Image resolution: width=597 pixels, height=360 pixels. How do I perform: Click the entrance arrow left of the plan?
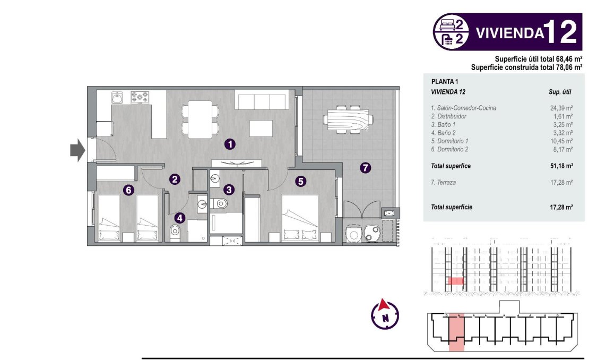click(x=77, y=150)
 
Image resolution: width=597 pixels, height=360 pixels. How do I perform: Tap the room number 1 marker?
click(x=229, y=143)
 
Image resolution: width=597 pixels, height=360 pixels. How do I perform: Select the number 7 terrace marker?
click(x=365, y=168)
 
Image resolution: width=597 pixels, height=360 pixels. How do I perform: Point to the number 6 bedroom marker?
click(x=128, y=189)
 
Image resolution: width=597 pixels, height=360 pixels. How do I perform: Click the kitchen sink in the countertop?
click(x=117, y=97)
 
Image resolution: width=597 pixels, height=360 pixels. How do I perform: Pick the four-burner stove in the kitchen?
click(x=140, y=97)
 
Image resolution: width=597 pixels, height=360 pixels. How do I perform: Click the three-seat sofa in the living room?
click(x=262, y=100)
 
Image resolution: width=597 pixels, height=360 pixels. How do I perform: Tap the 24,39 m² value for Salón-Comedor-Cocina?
click(x=561, y=108)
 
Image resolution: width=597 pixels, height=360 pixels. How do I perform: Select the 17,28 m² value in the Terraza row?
click(x=561, y=182)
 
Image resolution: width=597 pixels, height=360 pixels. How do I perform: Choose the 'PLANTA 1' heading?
click(x=445, y=82)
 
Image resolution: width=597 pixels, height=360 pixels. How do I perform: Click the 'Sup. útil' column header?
click(x=559, y=92)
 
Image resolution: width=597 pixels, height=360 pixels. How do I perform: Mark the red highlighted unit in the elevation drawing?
click(x=455, y=280)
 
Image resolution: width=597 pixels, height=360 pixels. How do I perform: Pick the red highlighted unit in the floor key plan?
click(x=456, y=331)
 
